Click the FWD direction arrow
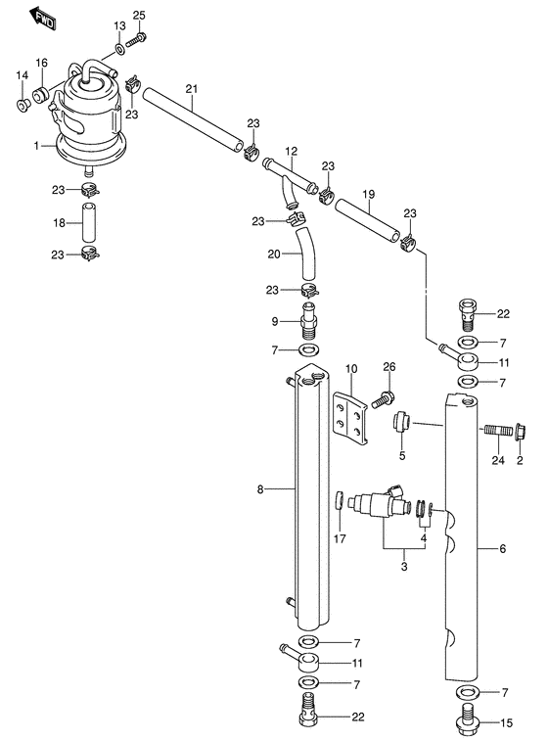tap(42, 19)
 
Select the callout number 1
tap(36, 146)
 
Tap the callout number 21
tap(192, 88)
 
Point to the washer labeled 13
tap(119, 47)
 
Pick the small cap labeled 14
tap(23, 106)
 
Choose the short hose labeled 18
tap(88, 223)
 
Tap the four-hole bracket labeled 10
tap(350, 418)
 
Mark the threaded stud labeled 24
tap(498, 431)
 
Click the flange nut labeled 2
tap(521, 432)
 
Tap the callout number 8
tap(260, 489)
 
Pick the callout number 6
tap(502, 549)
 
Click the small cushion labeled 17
tap(339, 500)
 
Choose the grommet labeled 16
tap(41, 95)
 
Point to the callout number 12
tap(292, 151)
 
